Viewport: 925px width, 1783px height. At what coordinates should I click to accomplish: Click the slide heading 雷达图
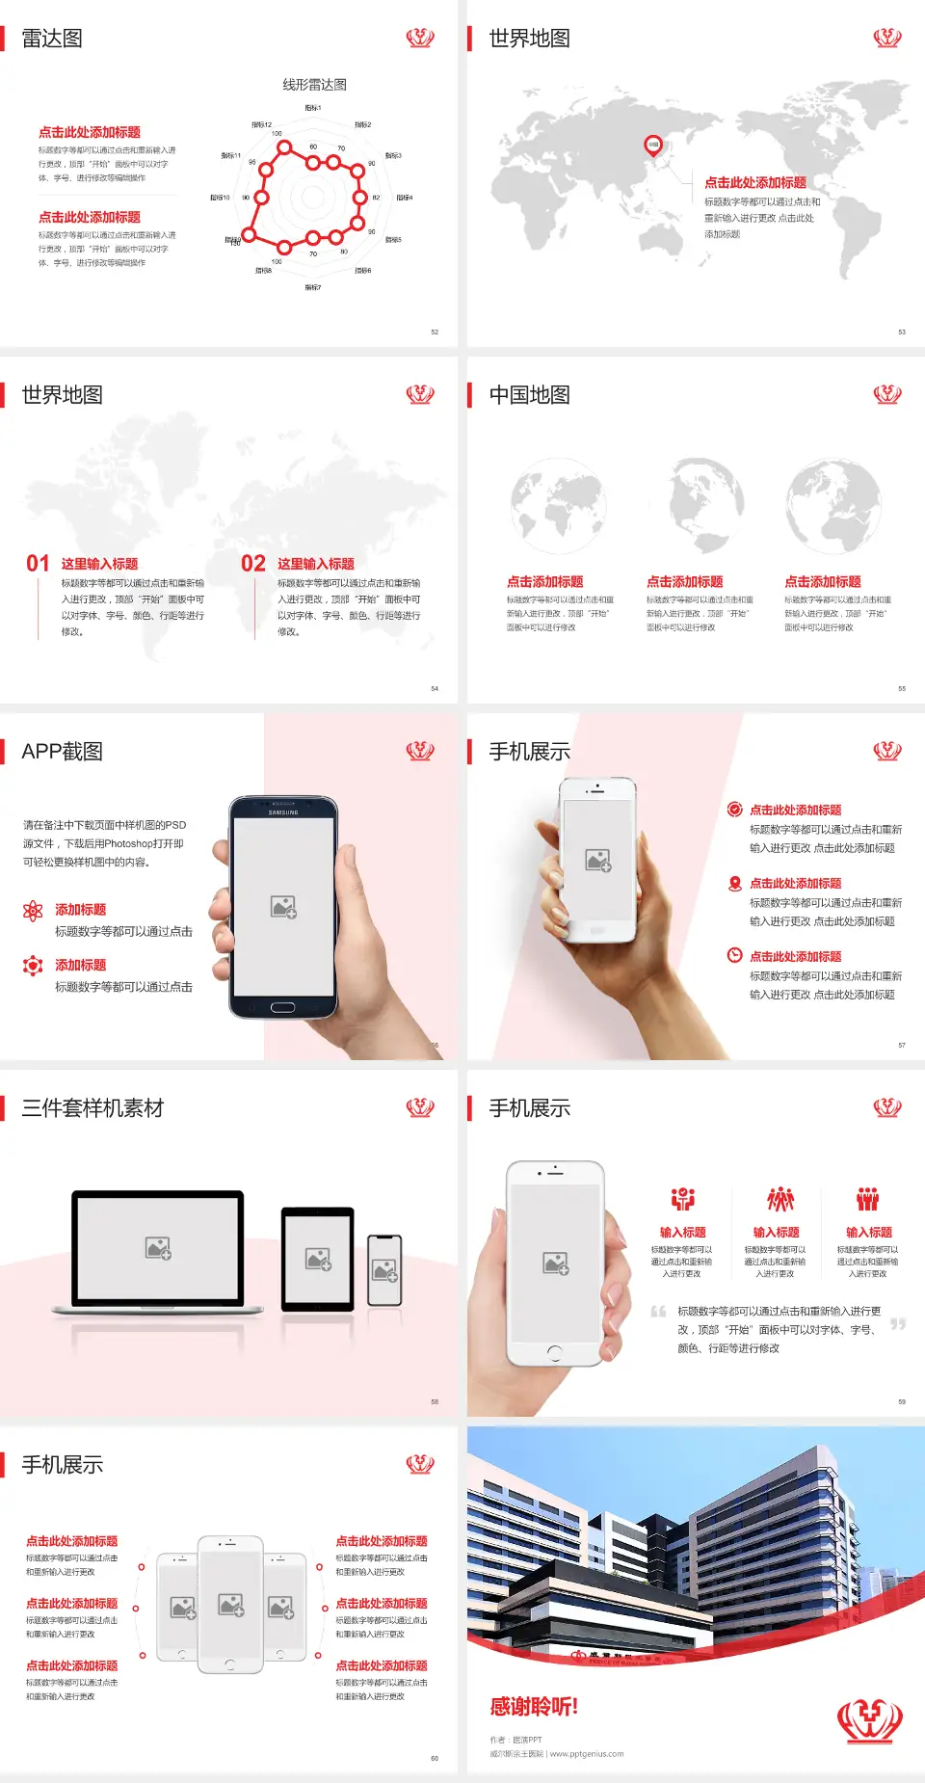click(52, 39)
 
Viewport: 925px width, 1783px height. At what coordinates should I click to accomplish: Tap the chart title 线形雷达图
click(314, 85)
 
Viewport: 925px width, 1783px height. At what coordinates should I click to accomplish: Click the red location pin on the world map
click(653, 146)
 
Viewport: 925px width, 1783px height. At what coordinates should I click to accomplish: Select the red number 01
click(38, 564)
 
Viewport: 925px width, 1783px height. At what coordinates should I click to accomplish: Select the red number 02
click(253, 564)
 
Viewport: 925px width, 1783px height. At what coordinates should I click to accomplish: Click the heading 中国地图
click(529, 395)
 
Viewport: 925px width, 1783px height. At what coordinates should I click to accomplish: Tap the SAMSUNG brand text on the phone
click(283, 812)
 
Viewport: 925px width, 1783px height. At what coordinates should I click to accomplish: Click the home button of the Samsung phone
click(282, 1007)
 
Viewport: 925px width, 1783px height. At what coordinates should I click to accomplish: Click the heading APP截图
click(62, 752)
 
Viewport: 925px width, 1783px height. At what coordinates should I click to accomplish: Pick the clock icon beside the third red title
click(734, 955)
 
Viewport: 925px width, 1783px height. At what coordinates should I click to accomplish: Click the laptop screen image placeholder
click(158, 1248)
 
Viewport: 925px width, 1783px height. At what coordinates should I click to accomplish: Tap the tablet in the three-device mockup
click(318, 1258)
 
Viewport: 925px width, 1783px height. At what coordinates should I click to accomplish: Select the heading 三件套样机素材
click(92, 1108)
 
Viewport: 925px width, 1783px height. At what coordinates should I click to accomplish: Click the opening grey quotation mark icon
click(658, 1312)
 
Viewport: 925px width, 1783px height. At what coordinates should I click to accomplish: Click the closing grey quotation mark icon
click(898, 1324)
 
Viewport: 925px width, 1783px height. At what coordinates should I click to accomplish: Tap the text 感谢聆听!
click(534, 1707)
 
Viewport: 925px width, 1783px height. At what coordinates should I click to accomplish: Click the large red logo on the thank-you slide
click(870, 1720)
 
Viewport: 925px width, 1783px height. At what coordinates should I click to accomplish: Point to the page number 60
click(435, 1758)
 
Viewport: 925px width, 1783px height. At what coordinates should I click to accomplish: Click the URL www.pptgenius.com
click(587, 1754)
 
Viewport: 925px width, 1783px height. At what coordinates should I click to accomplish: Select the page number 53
click(902, 332)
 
